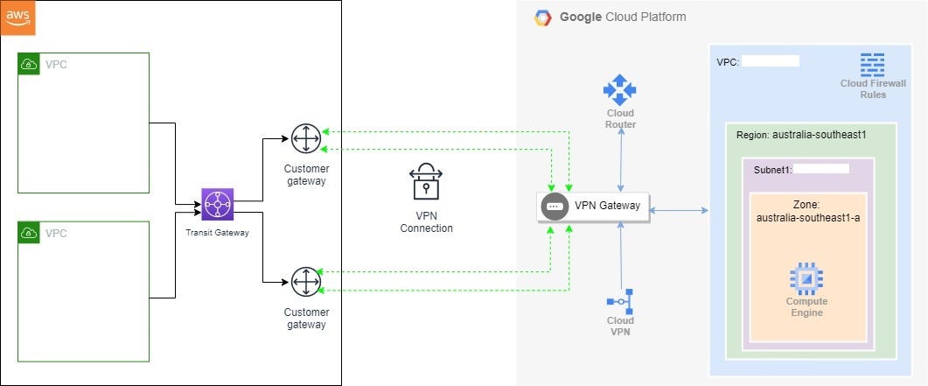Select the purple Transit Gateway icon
(216, 204)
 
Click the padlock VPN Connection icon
(426, 183)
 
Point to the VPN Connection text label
(426, 222)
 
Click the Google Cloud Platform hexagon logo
(543, 18)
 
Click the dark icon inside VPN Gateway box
(555, 207)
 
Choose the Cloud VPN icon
(620, 302)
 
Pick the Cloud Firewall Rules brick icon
(871, 65)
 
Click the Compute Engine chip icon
(806, 279)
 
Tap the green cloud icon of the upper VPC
(29, 64)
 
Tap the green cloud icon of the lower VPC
(29, 233)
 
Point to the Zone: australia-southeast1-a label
(808, 210)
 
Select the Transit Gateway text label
(216, 232)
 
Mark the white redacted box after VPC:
(771, 62)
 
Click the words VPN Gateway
(607, 207)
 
